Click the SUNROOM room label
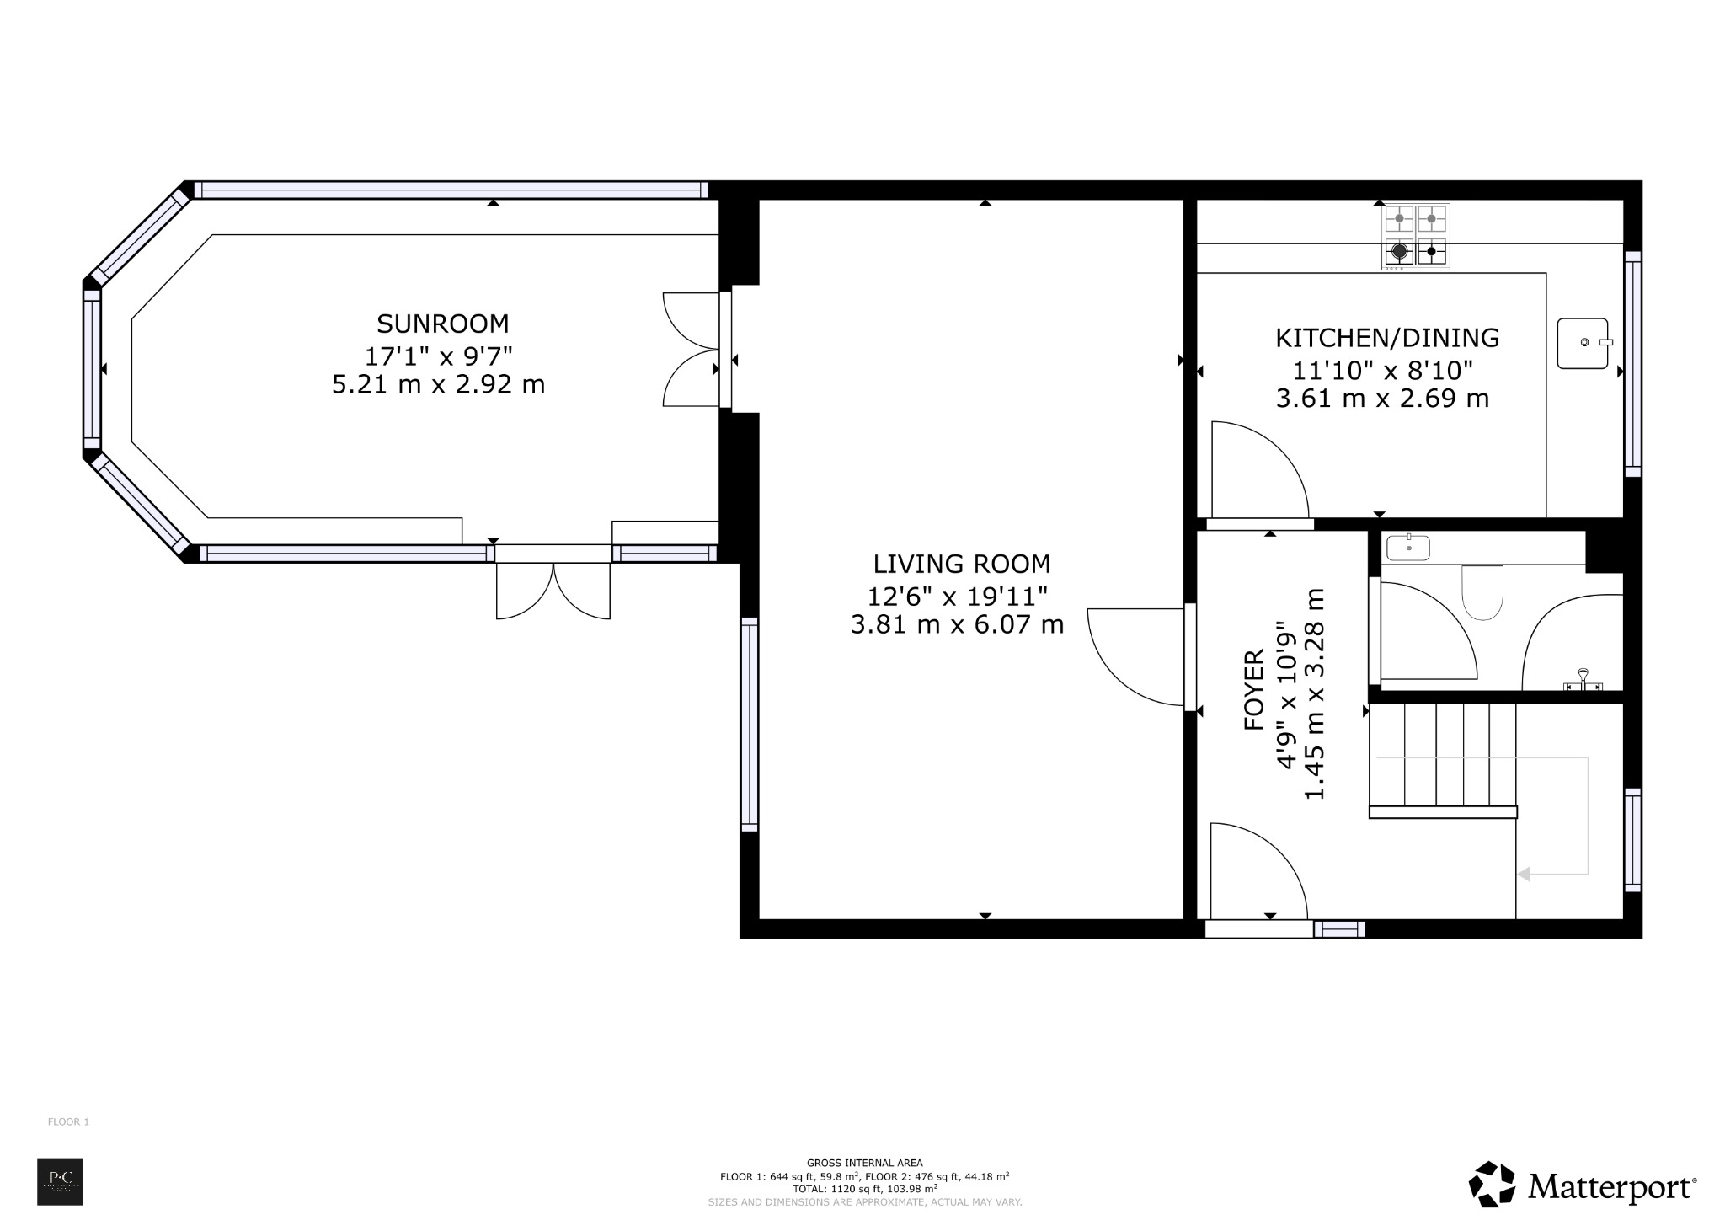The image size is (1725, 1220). coord(442,324)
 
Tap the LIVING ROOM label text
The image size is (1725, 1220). coord(961,564)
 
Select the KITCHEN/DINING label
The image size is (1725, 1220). coord(1386,338)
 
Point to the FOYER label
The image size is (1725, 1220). coord(1254,677)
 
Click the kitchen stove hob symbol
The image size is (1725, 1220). coord(1415,236)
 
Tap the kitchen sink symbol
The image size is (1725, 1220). coord(1583,343)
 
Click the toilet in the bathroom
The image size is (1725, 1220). coord(1482,591)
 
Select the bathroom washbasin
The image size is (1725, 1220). coord(1407,548)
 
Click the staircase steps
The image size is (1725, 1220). coord(1443,757)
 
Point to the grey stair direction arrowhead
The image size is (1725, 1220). coord(1523,875)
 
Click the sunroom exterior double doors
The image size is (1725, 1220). coord(553,590)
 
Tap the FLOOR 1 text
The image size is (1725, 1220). coord(68,1121)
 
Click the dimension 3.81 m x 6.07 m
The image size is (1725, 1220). coord(957,624)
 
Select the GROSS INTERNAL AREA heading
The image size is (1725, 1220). coord(864,1163)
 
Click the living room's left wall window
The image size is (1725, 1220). coord(749,725)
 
